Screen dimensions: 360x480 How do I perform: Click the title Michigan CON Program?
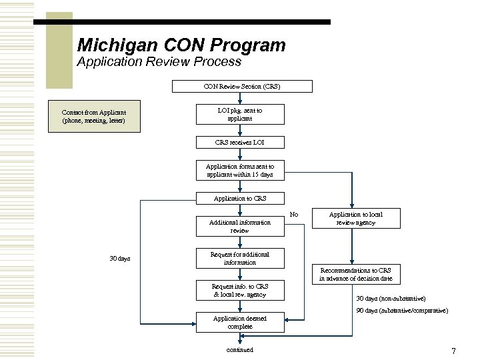(181, 46)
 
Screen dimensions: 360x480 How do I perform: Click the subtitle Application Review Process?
(159, 63)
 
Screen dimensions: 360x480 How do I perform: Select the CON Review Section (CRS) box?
(241, 86)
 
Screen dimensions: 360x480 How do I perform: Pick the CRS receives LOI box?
(239, 142)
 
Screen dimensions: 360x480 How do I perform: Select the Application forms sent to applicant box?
(239, 170)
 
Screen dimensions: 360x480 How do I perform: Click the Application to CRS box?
(239, 199)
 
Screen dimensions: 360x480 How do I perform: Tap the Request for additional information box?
(239, 258)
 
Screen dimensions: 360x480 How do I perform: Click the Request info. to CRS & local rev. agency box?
(239, 290)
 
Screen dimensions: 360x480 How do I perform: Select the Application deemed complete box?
(239, 322)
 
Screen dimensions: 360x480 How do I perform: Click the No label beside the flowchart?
(293, 215)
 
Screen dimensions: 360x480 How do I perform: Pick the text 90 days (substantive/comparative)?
(402, 311)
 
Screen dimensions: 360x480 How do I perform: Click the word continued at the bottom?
(239, 349)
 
